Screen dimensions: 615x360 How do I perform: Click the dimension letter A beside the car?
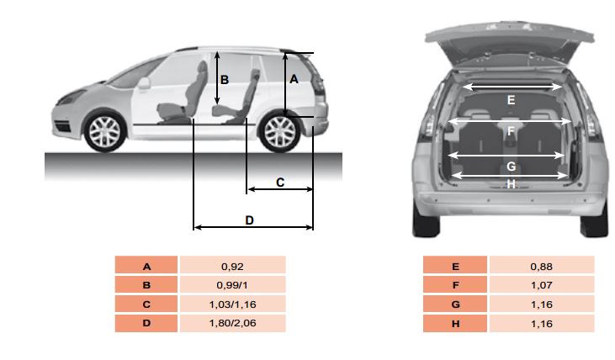pyautogui.click(x=294, y=80)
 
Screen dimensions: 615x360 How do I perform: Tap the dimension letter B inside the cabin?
pyautogui.click(x=225, y=80)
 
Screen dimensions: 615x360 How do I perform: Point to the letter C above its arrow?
pyautogui.click(x=280, y=183)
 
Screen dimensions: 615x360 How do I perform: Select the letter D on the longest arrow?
pyautogui.click(x=250, y=220)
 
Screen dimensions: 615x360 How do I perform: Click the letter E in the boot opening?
pyautogui.click(x=511, y=100)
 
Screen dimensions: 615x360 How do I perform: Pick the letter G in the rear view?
pyautogui.click(x=511, y=167)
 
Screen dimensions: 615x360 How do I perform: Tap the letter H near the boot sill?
pyautogui.click(x=511, y=184)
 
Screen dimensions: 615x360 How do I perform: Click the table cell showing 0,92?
pyautogui.click(x=232, y=267)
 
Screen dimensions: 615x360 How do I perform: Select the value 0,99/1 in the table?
pyautogui.click(x=232, y=285)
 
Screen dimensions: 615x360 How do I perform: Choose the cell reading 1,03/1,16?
pyautogui.click(x=232, y=304)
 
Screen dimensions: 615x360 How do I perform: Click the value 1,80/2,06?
pyautogui.click(x=232, y=323)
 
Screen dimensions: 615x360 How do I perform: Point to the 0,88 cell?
pyautogui.click(x=542, y=267)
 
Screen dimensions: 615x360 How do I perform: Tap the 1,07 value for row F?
pyautogui.click(x=542, y=285)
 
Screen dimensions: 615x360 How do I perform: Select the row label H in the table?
pyautogui.click(x=455, y=324)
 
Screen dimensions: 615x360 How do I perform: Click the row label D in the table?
pyautogui.click(x=146, y=323)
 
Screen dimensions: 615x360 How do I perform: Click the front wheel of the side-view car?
pyautogui.click(x=104, y=132)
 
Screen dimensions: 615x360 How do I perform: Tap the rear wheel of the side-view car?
pyautogui.click(x=279, y=132)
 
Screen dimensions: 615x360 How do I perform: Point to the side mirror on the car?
pyautogui.click(x=144, y=83)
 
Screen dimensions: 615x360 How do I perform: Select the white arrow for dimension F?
pyautogui.click(x=510, y=122)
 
